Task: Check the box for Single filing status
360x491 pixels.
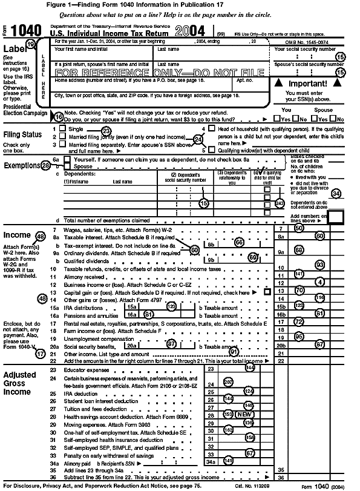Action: [62, 130]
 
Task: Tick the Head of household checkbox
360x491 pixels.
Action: [211, 129]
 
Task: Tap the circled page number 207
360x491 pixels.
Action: [227, 382]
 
